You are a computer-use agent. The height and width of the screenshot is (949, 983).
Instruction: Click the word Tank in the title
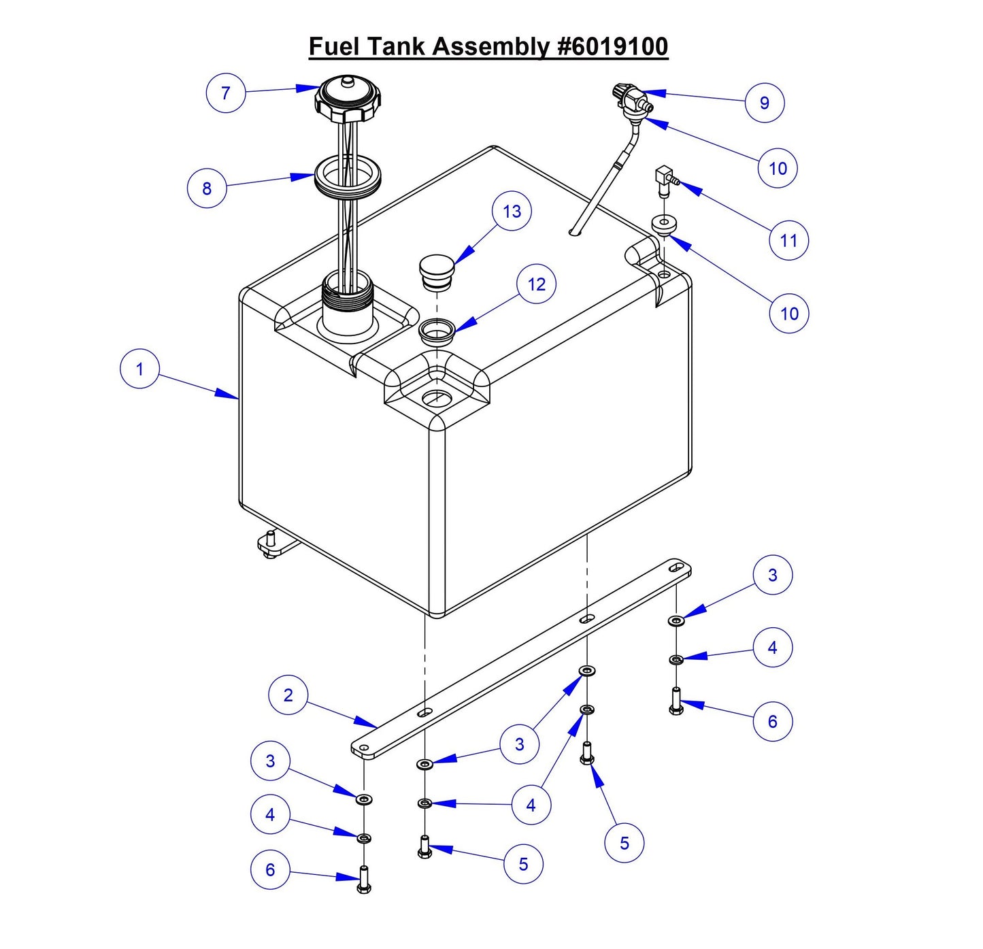[x=396, y=46]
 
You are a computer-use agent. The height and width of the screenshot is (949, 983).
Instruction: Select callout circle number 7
[x=226, y=93]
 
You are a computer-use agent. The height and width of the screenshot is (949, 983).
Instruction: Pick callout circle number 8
[x=207, y=188]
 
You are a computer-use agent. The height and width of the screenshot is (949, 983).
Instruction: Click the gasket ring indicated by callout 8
[x=347, y=175]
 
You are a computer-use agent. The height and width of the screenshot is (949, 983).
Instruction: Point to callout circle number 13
[x=512, y=212]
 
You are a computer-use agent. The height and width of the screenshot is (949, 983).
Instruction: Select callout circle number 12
[x=536, y=284]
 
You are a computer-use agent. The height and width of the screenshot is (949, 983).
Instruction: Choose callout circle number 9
[x=765, y=103]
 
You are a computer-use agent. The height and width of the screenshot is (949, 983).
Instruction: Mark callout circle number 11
[x=788, y=240]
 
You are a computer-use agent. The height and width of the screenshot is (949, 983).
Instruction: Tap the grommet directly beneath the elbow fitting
[x=663, y=224]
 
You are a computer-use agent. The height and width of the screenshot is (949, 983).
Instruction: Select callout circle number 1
[x=139, y=369]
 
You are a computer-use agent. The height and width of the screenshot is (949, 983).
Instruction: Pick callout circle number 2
[x=288, y=695]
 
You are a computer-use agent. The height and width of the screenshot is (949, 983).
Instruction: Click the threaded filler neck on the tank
[x=347, y=299]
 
